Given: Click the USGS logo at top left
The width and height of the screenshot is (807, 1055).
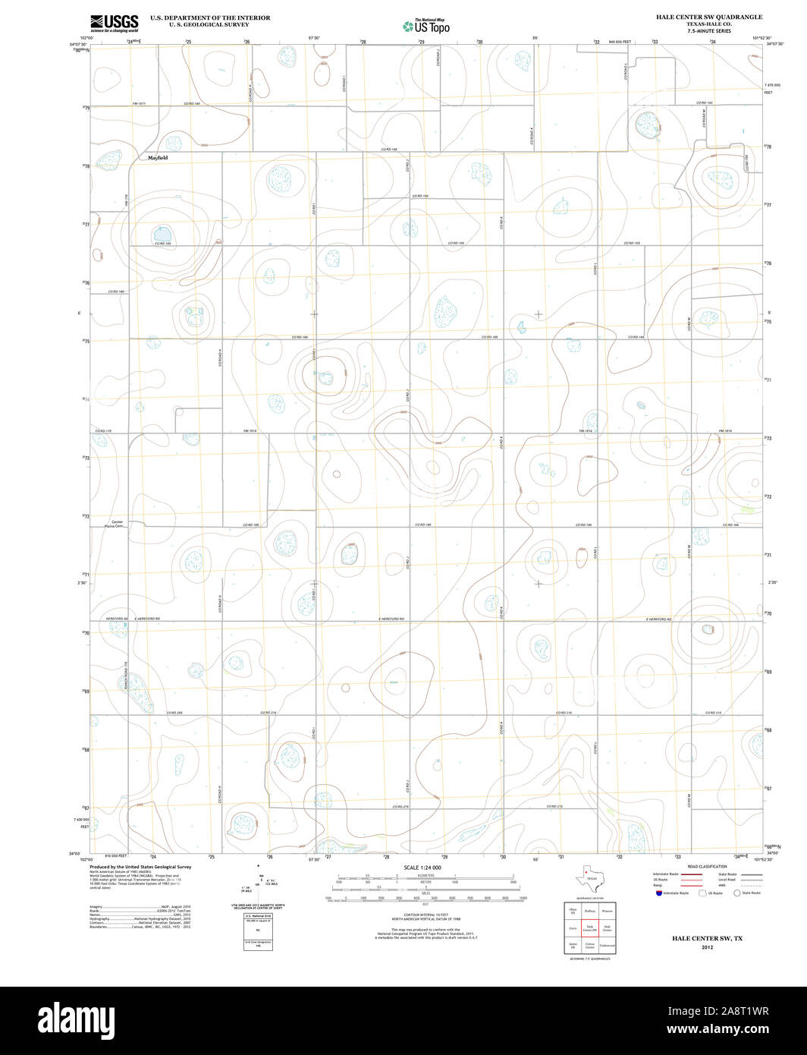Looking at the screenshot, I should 115,24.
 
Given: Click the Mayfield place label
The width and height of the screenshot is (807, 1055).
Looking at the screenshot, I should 158,158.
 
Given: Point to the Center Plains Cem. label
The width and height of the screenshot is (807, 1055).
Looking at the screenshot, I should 117,524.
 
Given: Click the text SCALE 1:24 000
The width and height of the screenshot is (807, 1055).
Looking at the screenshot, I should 422,868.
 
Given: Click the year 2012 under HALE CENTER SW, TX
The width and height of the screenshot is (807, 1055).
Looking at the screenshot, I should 707,947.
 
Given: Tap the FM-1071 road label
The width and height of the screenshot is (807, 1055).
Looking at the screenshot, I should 138,103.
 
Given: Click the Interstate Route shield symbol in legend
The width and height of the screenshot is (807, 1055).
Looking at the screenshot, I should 658,893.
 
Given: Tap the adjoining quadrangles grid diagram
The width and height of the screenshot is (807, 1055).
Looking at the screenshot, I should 589,927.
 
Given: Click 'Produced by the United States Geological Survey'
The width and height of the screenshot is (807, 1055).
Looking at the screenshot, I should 140,867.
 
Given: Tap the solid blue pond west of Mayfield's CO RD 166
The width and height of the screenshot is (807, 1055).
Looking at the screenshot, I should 162,232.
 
